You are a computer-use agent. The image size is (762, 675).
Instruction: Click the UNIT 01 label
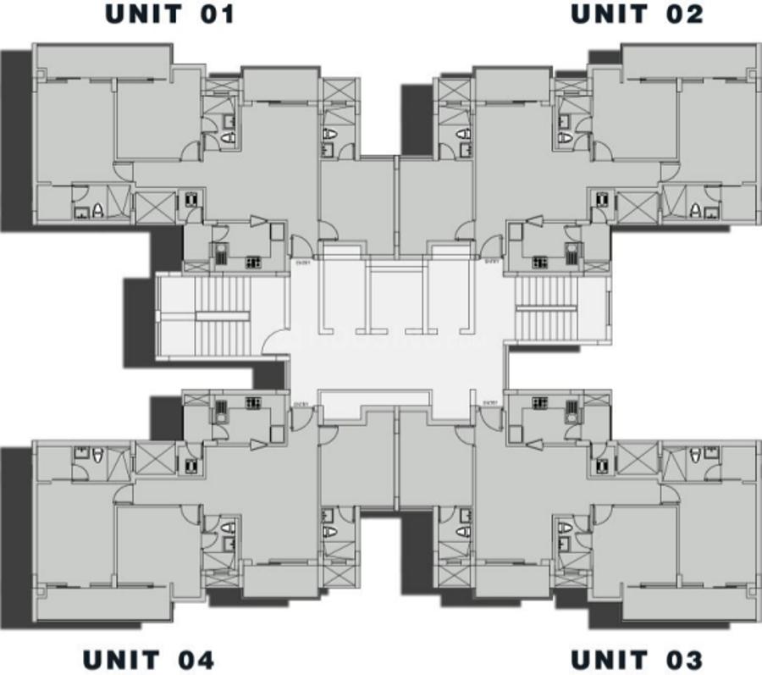169,14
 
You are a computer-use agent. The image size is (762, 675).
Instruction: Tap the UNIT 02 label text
636,14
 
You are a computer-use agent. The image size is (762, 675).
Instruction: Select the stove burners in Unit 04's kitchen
252,404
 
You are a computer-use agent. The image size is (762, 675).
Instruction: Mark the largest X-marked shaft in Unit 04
155,458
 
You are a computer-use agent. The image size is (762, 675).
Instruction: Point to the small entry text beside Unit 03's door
489,404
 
